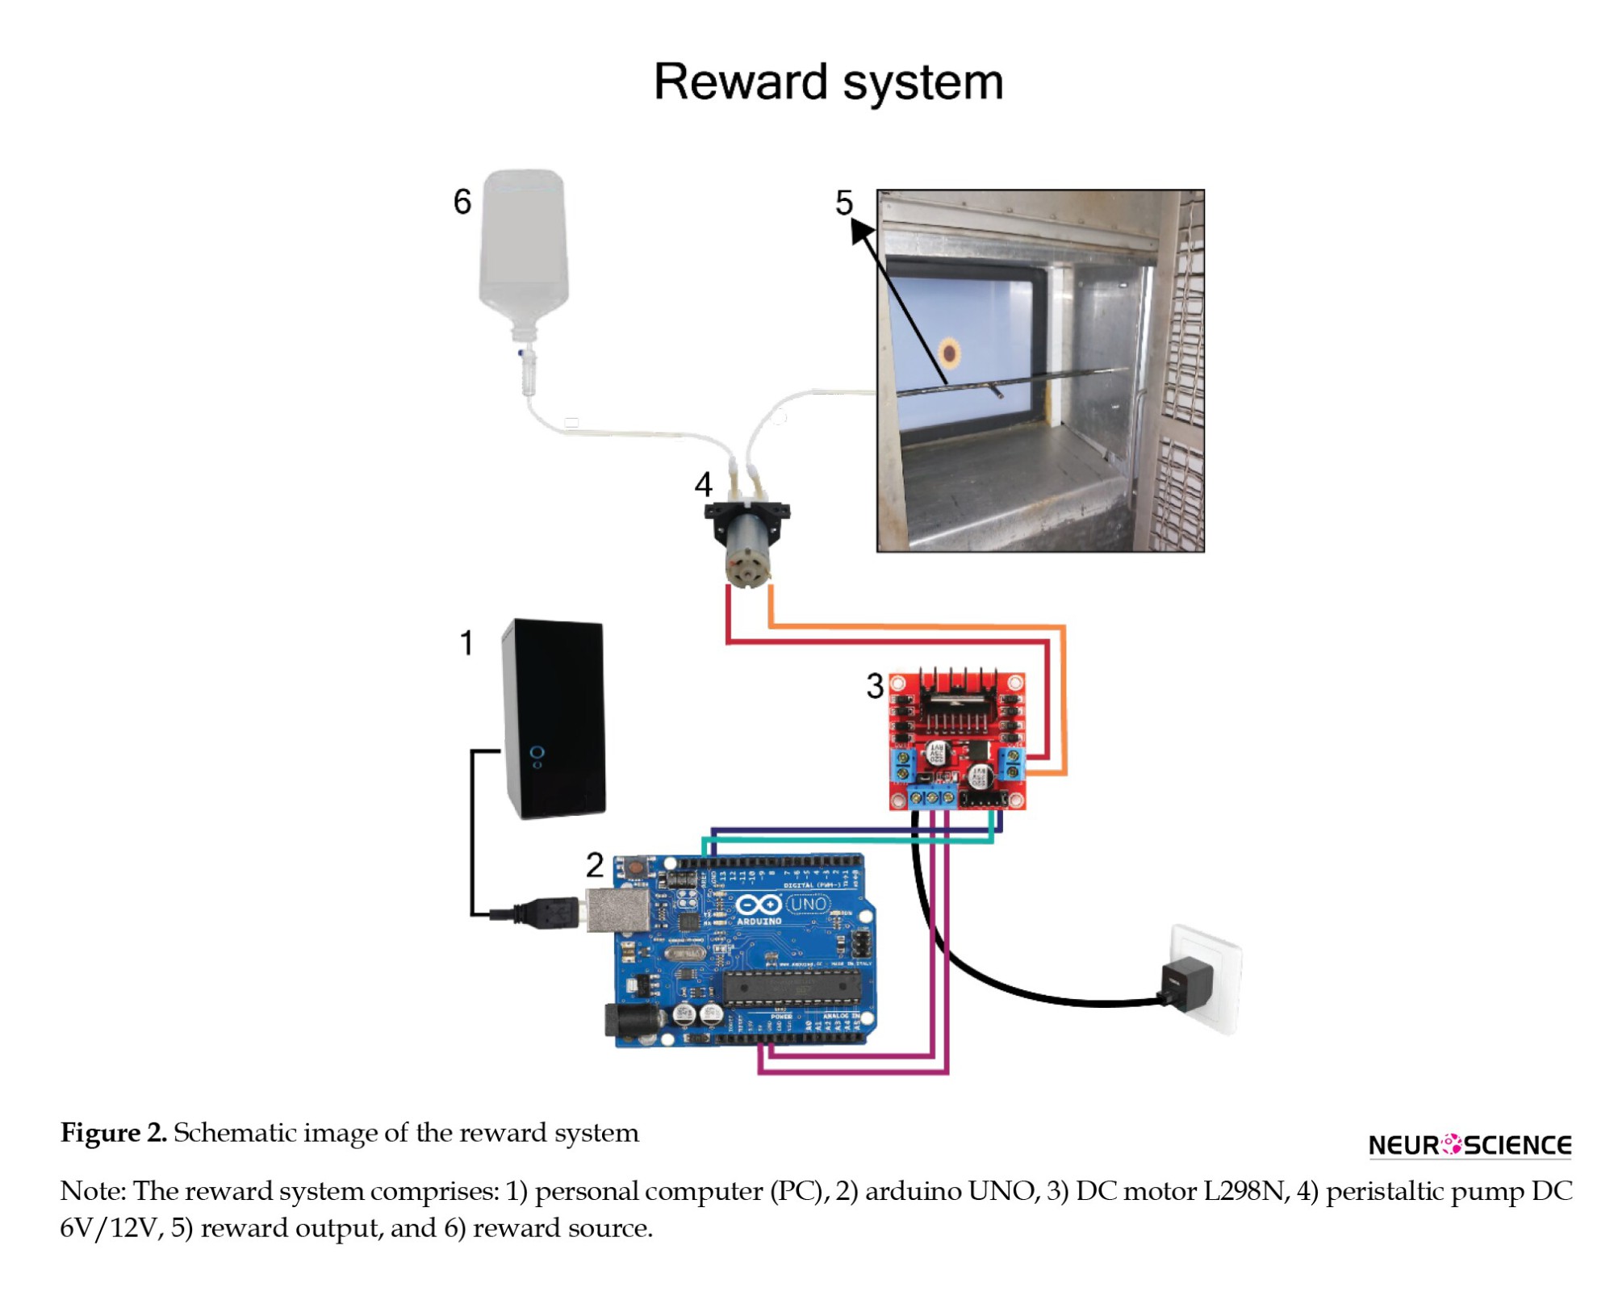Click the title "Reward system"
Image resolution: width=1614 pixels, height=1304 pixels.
828,82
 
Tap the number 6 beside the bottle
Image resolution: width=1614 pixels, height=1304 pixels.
462,201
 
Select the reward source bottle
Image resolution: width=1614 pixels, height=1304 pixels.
524,250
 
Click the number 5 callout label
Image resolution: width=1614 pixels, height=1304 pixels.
843,203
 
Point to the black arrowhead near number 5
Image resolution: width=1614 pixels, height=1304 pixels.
861,232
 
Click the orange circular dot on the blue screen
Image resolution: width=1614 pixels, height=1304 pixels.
949,353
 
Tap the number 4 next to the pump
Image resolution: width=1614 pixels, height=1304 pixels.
703,484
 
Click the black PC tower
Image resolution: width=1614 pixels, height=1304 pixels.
554,718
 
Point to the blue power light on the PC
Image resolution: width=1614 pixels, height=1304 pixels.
537,753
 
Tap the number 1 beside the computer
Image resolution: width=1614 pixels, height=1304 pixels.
466,643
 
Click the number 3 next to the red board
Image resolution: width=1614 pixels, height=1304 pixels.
875,686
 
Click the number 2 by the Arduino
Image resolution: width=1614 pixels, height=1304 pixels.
595,865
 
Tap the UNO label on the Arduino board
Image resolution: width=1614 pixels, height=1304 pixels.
808,904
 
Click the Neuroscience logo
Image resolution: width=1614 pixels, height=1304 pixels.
1470,1144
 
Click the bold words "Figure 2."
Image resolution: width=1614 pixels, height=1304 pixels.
113,1133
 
